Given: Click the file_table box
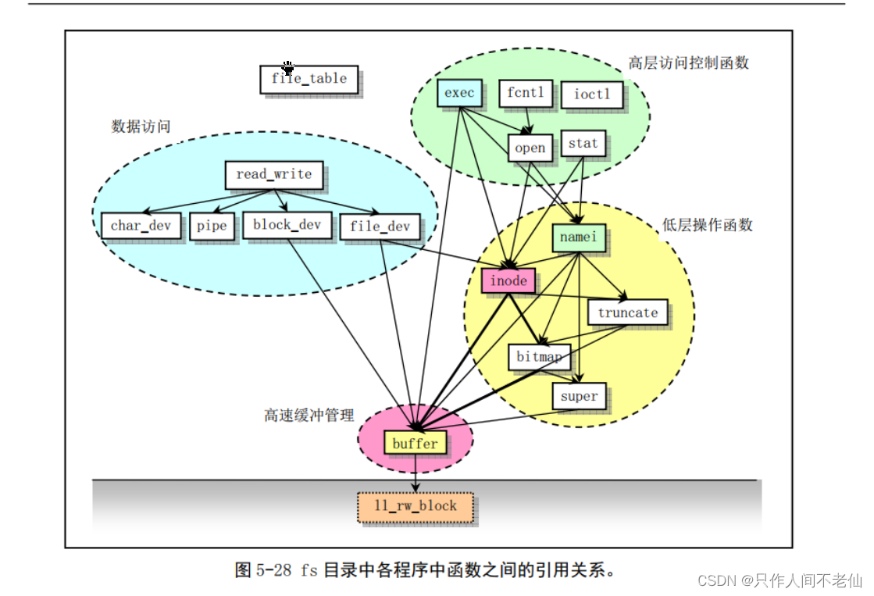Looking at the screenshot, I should [309, 79].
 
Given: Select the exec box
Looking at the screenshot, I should [459, 93].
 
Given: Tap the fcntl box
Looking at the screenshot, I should [525, 93].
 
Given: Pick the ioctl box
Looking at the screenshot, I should [591, 95].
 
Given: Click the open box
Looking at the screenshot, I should [530, 148].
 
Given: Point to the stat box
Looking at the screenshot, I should [583, 143].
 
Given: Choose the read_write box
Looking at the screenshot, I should [273, 174].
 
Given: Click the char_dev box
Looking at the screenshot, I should [141, 226].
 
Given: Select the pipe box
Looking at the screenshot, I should [212, 226].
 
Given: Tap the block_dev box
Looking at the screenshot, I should [287, 225].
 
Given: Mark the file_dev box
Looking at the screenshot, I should [380, 227].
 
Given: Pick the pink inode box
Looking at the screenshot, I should [508, 280].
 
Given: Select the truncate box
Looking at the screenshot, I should [628, 312].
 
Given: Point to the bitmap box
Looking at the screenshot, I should [539, 358].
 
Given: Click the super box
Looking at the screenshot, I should [579, 396].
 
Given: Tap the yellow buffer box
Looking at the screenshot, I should [415, 444].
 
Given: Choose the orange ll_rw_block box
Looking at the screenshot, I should [415, 506].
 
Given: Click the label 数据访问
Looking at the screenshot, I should [141, 126].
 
